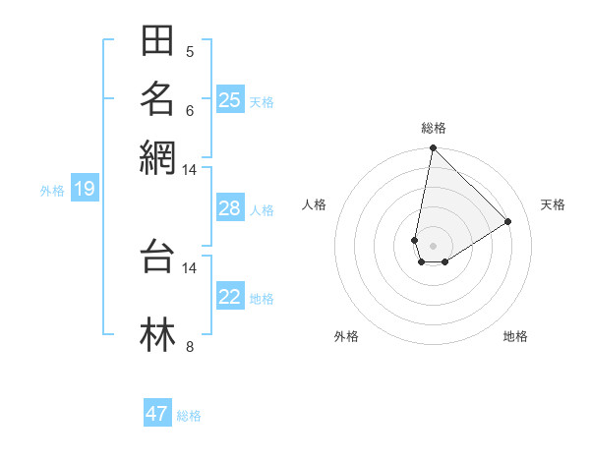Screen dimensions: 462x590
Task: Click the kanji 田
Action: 157,41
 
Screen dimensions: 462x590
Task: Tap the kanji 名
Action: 157,98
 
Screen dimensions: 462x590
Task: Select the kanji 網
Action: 157,156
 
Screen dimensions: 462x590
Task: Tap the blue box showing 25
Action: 230,99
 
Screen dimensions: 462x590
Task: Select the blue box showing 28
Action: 230,208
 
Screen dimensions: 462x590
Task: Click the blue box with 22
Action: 230,297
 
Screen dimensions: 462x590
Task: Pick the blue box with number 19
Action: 85,189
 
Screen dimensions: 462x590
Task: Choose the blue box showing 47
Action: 157,414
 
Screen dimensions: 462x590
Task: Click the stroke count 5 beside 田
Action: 190,51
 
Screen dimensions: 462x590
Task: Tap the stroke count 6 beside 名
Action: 190,109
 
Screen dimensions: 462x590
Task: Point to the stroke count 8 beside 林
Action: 190,346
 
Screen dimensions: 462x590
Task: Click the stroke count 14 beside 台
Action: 190,266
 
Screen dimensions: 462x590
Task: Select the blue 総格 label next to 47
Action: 189,416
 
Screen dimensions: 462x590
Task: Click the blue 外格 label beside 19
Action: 52,191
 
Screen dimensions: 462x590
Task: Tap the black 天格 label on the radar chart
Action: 553,204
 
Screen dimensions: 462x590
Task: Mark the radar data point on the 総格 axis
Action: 433,149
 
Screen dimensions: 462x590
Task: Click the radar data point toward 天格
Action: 508,221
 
